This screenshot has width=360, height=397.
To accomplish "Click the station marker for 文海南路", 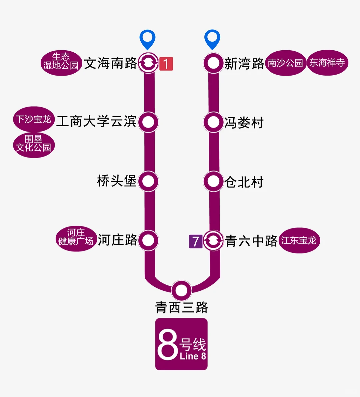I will (x=148, y=63).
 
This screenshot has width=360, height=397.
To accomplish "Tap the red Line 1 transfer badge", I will (x=166, y=63).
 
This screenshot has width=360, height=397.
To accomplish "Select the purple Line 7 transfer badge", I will (x=196, y=241).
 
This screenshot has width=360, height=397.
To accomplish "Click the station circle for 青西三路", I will (x=181, y=290).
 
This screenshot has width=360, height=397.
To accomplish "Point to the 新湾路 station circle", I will (x=213, y=63).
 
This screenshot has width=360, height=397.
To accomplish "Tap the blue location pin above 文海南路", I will (x=147, y=39).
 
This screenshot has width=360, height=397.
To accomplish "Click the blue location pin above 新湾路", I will (x=212, y=39).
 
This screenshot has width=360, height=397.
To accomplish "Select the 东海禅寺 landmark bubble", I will (x=327, y=63).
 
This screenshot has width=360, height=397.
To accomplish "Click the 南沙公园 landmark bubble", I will (x=286, y=63).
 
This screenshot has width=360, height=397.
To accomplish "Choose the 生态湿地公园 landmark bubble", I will (x=61, y=63).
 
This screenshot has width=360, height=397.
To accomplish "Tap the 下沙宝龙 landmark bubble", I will (x=34, y=119).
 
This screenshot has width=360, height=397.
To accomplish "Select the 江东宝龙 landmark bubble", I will (x=299, y=240).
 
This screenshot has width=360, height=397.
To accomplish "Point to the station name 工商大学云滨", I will (x=96, y=122).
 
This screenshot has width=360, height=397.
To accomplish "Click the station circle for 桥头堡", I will (x=148, y=181).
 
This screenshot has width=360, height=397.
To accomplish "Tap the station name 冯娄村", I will (x=244, y=123).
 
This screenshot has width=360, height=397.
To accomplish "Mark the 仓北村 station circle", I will (x=213, y=182).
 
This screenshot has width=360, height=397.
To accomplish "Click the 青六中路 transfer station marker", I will (x=213, y=240).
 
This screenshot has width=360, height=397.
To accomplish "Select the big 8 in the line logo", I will (x=168, y=345).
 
